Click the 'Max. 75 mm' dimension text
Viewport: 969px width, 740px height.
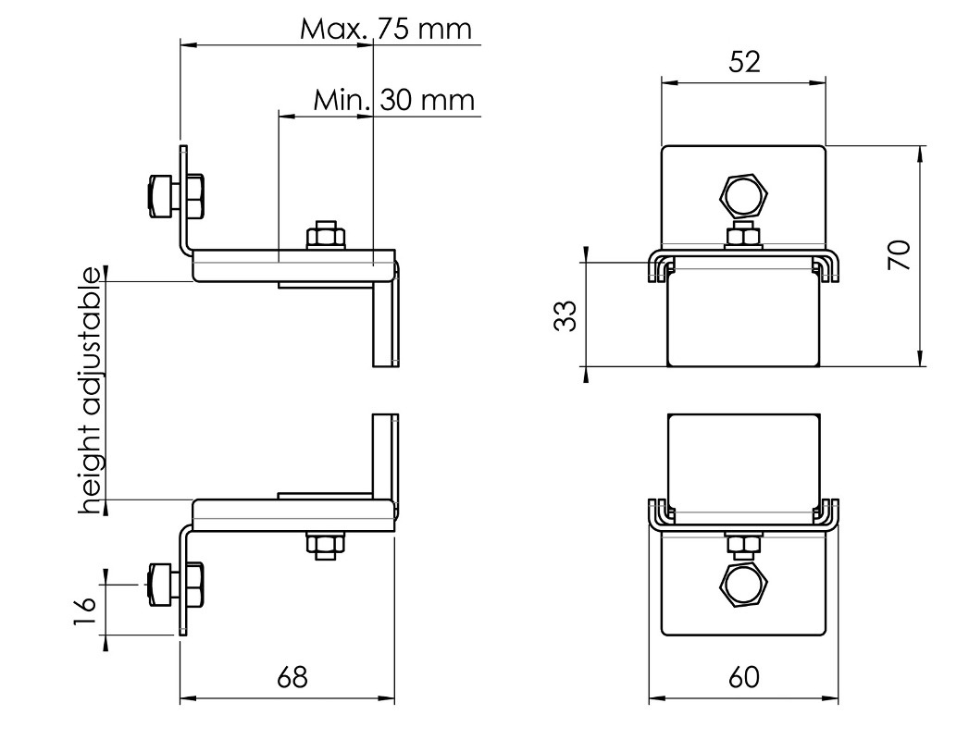tap(386, 29)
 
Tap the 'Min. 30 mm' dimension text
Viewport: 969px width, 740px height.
tap(393, 100)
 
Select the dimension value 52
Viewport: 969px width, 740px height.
tap(744, 62)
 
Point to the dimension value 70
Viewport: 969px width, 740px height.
tap(900, 254)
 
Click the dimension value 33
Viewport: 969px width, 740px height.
tap(565, 315)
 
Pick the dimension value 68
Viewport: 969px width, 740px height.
tap(292, 677)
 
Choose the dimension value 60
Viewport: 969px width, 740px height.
tap(743, 677)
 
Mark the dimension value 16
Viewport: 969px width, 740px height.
tap(85, 610)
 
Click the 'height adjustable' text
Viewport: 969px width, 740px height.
tap(91, 390)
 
